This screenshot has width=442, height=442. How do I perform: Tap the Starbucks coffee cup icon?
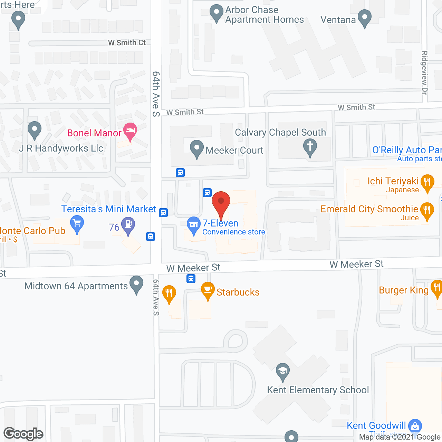click(208, 290)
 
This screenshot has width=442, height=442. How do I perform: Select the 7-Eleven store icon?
click(193, 224)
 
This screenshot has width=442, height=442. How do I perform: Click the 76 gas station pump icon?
click(128, 225)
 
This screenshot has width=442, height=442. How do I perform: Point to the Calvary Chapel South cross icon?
click(310, 146)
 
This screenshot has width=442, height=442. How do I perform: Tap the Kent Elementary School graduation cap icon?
click(283, 371)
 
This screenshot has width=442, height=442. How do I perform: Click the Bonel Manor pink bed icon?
click(130, 131)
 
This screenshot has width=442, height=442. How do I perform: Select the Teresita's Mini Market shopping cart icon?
click(77, 223)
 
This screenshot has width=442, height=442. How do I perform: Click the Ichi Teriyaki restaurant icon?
click(427, 182)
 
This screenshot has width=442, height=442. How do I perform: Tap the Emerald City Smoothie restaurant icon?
click(427, 210)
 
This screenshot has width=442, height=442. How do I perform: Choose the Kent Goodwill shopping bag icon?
click(415, 425)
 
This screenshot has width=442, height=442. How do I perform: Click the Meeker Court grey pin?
click(196, 148)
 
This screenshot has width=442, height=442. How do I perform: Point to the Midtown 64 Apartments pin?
click(137, 284)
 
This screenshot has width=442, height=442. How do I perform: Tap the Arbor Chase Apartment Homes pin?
click(217, 12)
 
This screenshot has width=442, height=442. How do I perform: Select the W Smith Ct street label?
click(127, 43)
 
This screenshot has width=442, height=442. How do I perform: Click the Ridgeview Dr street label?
click(424, 73)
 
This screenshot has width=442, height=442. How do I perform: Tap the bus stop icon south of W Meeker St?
click(191, 278)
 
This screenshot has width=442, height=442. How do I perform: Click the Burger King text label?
click(404, 290)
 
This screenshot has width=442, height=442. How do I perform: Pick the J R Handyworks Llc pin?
click(34, 130)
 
